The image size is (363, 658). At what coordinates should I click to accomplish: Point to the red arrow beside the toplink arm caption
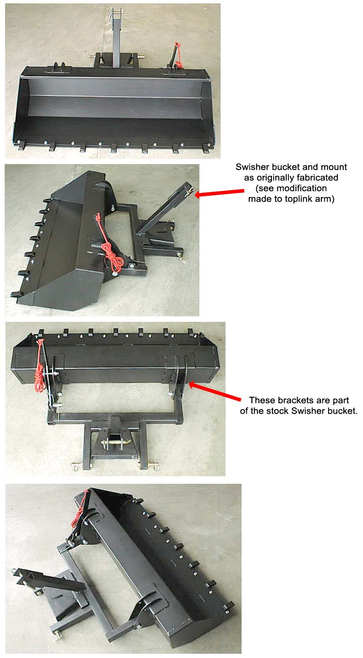(219, 193)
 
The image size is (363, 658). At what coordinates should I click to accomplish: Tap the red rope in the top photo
(177, 56)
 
